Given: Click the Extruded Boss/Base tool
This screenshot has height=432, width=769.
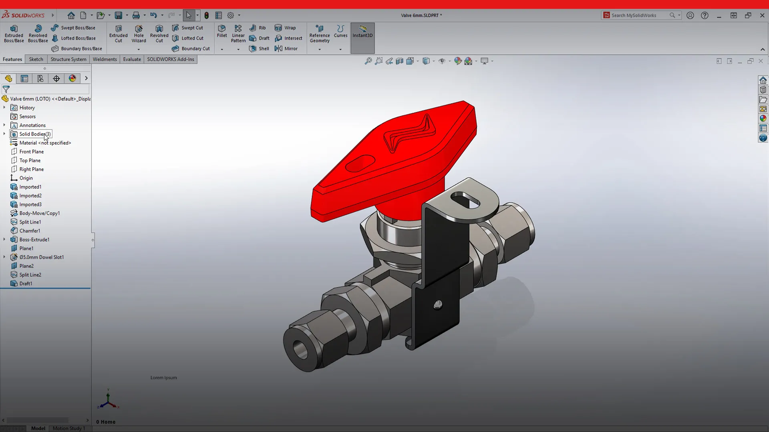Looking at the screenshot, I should click(14, 34).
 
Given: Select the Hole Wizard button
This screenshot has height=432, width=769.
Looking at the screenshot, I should click(139, 34).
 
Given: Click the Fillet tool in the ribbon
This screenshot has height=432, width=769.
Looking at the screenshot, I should click(222, 31).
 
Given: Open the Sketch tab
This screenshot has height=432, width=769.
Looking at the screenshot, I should click(36, 59).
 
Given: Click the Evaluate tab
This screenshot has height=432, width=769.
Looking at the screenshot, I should click(132, 59).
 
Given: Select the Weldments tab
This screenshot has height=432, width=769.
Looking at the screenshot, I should click(105, 59).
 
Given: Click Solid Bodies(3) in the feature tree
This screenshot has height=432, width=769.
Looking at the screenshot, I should click(35, 134).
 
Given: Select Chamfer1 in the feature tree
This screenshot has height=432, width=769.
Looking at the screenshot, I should click(30, 231).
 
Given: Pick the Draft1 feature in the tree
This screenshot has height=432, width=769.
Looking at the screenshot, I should click(26, 284).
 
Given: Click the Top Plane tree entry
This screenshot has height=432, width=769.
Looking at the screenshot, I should click(30, 160).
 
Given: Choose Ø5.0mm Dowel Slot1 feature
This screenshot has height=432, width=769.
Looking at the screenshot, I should click(41, 257).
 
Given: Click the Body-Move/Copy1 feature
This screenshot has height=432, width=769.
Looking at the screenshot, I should click(39, 213).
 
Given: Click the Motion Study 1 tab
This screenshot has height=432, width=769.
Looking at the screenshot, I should click(68, 428).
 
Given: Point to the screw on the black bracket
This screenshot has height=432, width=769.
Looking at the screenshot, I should click(438, 305).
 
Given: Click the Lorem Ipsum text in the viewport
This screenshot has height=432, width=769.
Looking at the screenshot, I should click(163, 378).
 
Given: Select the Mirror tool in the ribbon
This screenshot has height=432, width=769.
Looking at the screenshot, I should click(286, 48).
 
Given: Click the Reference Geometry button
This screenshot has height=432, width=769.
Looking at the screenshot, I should click(320, 34).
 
